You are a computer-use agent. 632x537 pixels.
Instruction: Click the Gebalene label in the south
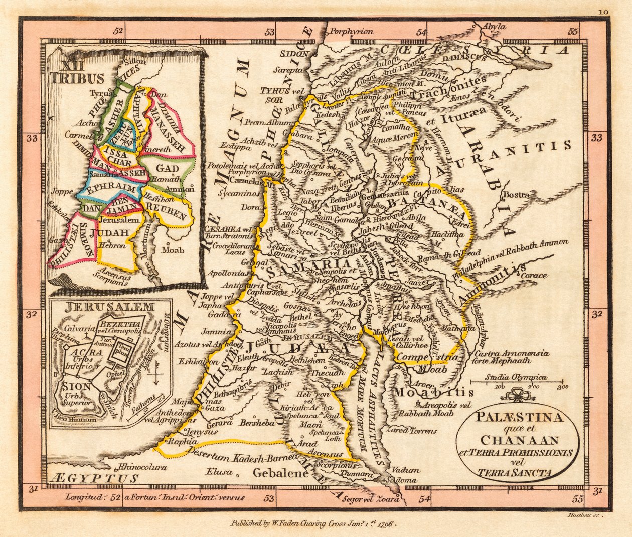click(279, 472)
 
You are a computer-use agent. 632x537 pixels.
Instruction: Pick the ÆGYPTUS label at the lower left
click(93, 479)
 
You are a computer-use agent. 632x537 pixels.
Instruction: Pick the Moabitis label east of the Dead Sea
click(433, 392)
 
